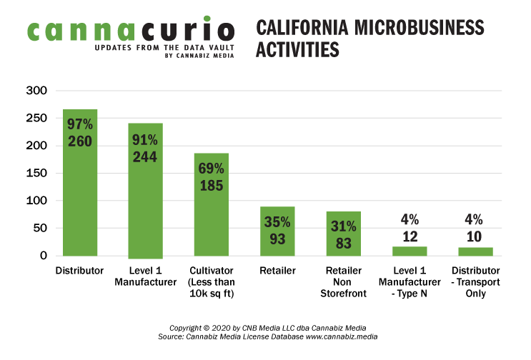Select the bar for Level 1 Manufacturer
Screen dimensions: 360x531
(146, 214)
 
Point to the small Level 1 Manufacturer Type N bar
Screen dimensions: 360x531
(410, 251)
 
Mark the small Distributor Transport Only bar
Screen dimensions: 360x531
(475, 251)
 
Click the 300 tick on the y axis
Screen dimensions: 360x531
(37, 91)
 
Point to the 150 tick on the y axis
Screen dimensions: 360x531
(37, 173)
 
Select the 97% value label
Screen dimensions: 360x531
(80, 124)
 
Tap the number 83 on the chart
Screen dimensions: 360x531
(344, 244)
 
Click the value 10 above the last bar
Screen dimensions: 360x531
(475, 236)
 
